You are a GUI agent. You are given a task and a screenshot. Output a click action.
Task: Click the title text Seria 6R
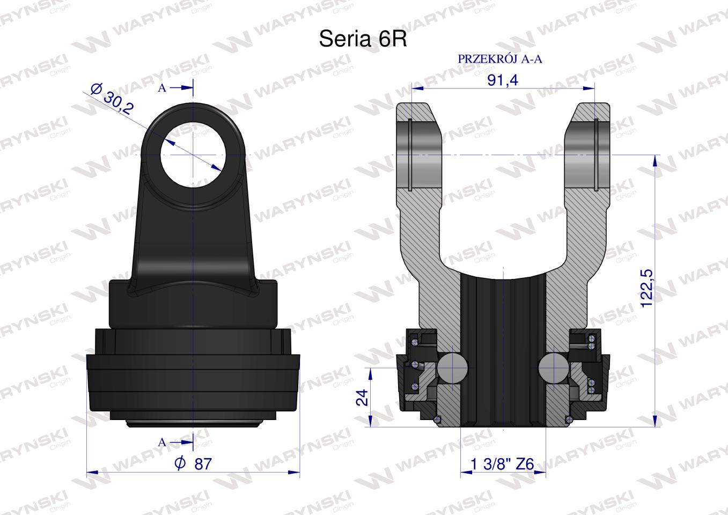(x=363, y=39)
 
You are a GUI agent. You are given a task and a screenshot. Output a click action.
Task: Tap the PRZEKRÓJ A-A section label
(x=499, y=59)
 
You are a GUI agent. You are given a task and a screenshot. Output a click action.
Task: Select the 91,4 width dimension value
(x=502, y=80)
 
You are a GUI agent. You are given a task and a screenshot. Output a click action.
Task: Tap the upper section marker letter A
(x=162, y=89)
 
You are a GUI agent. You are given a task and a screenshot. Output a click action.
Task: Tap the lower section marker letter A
(x=162, y=443)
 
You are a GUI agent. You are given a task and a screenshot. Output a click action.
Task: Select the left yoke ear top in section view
(x=421, y=113)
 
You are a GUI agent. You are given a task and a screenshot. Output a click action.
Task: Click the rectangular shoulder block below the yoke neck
(x=194, y=303)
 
